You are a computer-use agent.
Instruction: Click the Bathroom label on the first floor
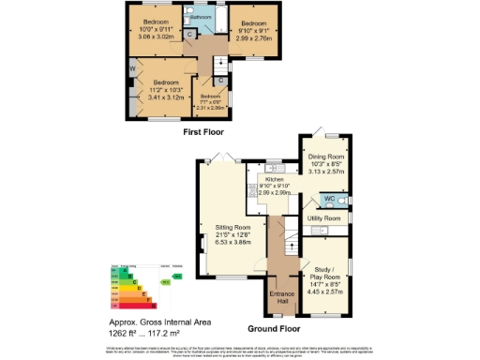pos(202,18)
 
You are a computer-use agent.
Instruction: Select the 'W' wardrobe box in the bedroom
pos(131,69)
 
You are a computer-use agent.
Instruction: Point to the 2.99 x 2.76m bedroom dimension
pos(255,40)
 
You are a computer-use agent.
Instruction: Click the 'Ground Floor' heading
pos(273,329)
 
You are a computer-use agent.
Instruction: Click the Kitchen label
pos(274,178)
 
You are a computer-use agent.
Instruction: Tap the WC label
pos(327,199)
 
